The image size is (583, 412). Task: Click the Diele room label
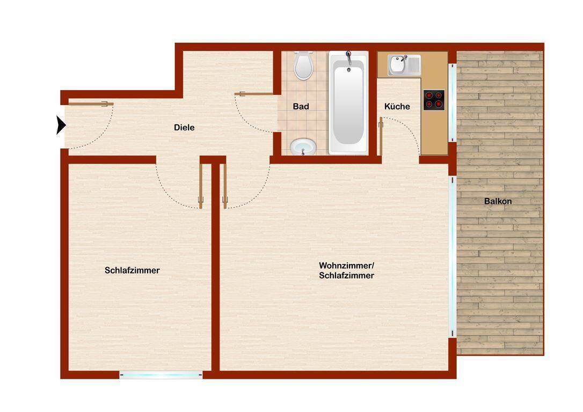(184, 128)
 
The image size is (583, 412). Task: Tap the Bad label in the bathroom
(301, 106)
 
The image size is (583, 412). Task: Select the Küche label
(397, 106)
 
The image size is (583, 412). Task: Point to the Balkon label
(498, 202)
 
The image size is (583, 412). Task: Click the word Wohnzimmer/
(346, 266)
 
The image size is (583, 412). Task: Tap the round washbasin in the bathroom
(303, 146)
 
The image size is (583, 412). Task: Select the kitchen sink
(398, 65)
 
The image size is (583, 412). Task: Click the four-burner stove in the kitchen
(433, 100)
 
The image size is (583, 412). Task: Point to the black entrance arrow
(61, 125)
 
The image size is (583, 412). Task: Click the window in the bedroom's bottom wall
(161, 375)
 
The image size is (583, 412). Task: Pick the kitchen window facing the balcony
(453, 102)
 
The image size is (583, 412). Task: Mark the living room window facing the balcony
(451, 263)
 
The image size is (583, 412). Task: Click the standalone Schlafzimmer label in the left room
(132, 270)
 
